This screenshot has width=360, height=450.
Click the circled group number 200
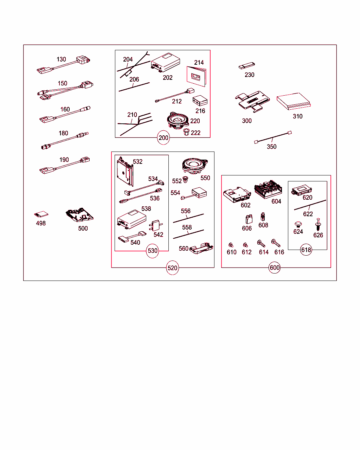tap(163, 137)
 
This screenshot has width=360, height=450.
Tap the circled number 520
tap(172, 268)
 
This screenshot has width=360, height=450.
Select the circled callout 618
tap(306, 250)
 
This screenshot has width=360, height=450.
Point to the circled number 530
tap(152, 251)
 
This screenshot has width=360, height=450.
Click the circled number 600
tap(275, 268)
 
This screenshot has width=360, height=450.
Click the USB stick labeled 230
tap(247, 65)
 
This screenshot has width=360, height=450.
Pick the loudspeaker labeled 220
tap(178, 121)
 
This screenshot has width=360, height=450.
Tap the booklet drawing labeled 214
tap(196, 76)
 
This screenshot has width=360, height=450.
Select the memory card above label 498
tap(41, 214)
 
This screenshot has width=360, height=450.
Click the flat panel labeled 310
tap(294, 101)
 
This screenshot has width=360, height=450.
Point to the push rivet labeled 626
tap(318, 224)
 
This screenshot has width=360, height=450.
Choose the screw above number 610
tap(231, 245)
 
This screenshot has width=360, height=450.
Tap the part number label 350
tap(271, 147)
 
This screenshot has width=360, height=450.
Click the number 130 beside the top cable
tap(61, 59)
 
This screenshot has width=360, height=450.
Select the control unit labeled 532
tap(125, 172)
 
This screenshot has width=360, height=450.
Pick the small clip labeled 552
tap(185, 179)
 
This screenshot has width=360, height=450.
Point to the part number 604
tap(276, 201)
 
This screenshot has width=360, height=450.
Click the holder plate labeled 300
tap(252, 101)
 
